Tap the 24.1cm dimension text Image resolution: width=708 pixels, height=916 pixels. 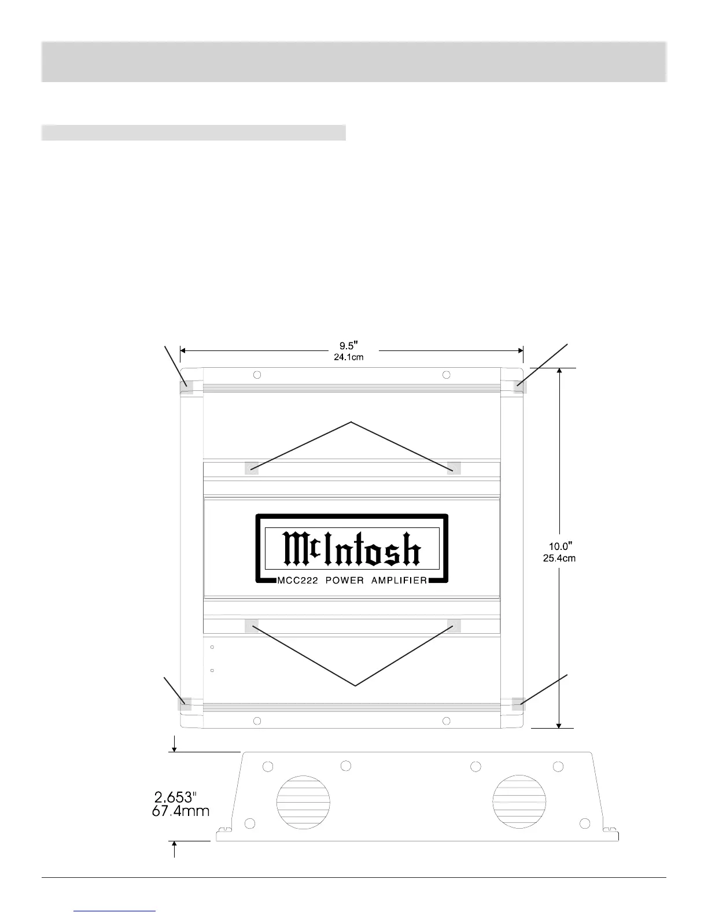tap(348, 357)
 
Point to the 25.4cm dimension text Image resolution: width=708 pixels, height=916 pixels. tap(559, 559)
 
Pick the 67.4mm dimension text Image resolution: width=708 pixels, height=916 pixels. tap(180, 811)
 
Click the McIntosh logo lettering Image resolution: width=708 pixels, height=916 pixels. tap(352, 549)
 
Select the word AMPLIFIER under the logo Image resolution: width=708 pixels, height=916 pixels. tap(402, 581)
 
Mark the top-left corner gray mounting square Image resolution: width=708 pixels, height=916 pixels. tap(187, 386)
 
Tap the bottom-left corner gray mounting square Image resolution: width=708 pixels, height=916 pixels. tap(185, 703)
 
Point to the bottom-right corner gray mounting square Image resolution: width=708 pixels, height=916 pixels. tap(518, 703)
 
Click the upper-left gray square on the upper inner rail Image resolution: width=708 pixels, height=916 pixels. tap(252, 468)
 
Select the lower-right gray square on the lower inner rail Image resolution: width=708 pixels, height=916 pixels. tap(454, 626)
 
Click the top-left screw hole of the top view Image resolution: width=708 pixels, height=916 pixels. tap(257, 375)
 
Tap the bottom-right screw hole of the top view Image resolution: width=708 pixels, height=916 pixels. tap(446, 721)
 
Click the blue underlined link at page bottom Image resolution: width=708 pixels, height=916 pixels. tap(116, 911)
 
